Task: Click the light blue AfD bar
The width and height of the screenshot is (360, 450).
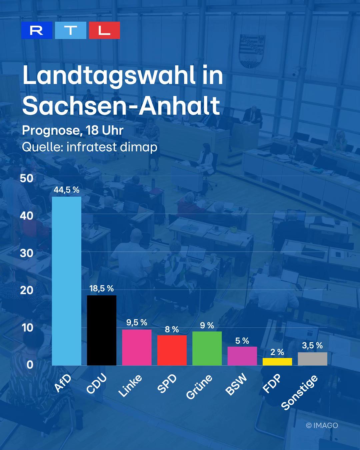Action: click(67, 281)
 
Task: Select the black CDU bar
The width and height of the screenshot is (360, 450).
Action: click(102, 331)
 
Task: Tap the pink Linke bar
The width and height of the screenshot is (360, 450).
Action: click(137, 348)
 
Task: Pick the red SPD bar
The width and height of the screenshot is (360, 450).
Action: click(172, 350)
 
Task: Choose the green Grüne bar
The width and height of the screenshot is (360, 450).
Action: click(207, 349)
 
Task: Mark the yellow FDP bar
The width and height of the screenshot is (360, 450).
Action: click(277, 362)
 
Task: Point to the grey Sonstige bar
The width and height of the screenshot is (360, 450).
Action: click(313, 359)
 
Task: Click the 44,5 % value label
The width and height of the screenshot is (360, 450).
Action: click(67, 190)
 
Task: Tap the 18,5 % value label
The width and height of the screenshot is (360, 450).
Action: click(102, 289)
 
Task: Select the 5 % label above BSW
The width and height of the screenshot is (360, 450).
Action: click(242, 341)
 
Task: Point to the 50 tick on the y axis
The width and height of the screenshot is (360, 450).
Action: click(27, 178)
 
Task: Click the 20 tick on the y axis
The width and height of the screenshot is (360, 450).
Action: click(27, 290)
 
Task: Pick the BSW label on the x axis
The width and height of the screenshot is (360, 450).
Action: click(236, 385)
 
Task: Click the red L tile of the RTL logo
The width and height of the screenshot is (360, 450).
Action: click(104, 30)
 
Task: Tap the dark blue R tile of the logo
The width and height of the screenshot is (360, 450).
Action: click(37, 30)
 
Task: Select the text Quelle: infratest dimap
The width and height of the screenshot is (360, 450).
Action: click(90, 147)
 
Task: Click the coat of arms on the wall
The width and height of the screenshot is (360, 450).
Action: click(252, 51)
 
